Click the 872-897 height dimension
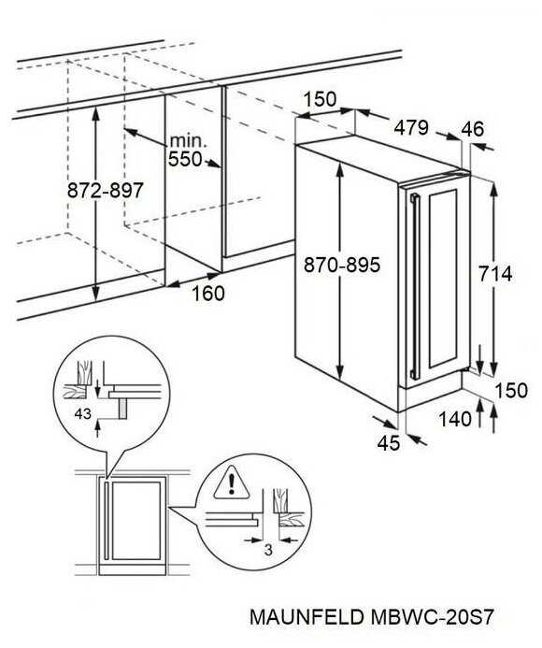pyautogui.click(x=105, y=191)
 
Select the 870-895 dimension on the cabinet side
pyautogui.click(x=342, y=265)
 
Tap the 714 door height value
pyautogui.click(x=495, y=274)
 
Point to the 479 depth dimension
pyautogui.click(x=411, y=128)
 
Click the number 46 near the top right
pyautogui.click(x=472, y=129)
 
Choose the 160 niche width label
pyautogui.click(x=208, y=294)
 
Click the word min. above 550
pyautogui.click(x=188, y=141)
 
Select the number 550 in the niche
pyautogui.click(x=185, y=159)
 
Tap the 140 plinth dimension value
pyautogui.click(x=455, y=419)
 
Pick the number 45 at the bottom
pyautogui.click(x=389, y=443)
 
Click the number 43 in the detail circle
pyautogui.click(x=82, y=413)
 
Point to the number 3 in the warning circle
pyautogui.click(x=268, y=550)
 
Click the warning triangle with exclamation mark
pyautogui.click(x=232, y=482)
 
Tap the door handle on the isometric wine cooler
pyautogui.click(x=415, y=287)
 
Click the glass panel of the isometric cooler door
pyautogui.click(x=443, y=278)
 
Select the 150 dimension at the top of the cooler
pyautogui.click(x=321, y=99)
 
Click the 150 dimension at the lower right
pyautogui.click(x=511, y=390)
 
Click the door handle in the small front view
pyautogui.click(x=107, y=520)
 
